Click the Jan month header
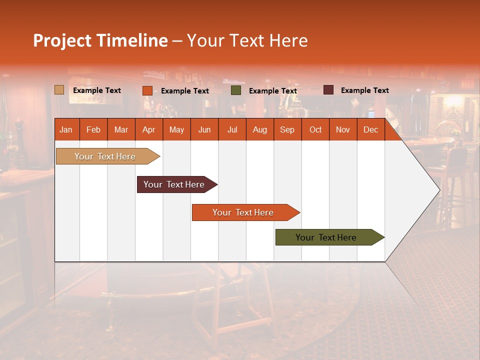(66, 129)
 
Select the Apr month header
(149, 129)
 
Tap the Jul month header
(232, 129)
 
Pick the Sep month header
(287, 129)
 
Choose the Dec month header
(370, 129)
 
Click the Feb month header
(93, 129)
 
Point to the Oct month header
(315, 129)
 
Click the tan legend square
(59, 90)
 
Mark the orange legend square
(147, 90)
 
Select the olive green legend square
(236, 90)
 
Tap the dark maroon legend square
(328, 90)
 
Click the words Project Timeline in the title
(100, 40)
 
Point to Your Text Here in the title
(247, 40)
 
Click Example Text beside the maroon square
(364, 90)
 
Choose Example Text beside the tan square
(97, 90)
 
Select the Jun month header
(204, 129)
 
